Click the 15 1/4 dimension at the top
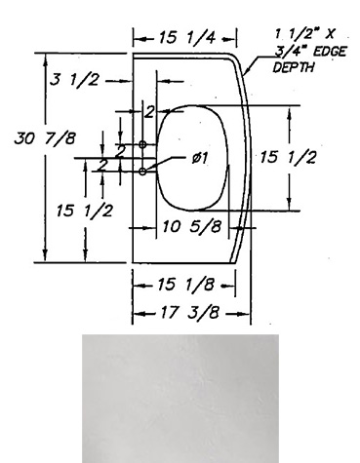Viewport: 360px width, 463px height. coord(187,38)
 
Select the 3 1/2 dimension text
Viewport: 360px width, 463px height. coord(74,80)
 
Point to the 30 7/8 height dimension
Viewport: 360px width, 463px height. coord(45,138)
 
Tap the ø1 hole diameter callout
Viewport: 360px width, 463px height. coord(199,158)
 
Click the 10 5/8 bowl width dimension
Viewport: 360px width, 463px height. coord(192,226)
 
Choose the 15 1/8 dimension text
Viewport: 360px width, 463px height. coord(185,285)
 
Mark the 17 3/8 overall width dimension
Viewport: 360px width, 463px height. coord(188,313)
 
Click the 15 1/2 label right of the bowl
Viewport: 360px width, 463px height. coord(288,157)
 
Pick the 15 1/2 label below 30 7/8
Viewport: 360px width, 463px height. coord(85,211)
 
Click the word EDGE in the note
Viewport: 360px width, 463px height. coord(329,52)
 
